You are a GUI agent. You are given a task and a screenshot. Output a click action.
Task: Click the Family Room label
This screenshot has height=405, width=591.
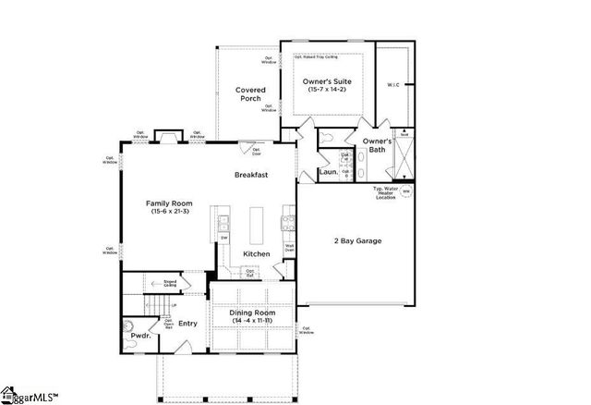click(x=169, y=202)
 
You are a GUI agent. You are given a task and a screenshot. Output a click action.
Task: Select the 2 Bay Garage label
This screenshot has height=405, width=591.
click(x=357, y=240)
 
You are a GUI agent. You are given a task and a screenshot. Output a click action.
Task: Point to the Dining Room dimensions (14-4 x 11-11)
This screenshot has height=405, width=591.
click(x=252, y=321)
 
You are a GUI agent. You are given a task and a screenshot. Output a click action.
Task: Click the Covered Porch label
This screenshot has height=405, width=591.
click(x=250, y=94)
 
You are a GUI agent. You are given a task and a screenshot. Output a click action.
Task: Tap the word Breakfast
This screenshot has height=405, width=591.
click(x=250, y=174)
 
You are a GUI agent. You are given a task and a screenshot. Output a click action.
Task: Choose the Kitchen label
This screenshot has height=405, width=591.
click(x=256, y=253)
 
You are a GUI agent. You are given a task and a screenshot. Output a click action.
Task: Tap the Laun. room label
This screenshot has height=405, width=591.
click(x=327, y=172)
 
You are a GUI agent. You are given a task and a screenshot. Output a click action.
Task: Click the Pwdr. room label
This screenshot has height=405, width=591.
click(x=140, y=337)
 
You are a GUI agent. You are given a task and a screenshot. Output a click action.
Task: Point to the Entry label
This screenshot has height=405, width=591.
click(x=187, y=324)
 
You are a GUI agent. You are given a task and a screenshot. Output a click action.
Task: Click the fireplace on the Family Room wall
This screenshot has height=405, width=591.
click(x=168, y=138)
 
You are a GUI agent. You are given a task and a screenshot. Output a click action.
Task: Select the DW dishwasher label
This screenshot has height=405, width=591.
click(x=223, y=239)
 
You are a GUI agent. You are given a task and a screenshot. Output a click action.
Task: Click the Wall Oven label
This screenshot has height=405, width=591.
click(x=289, y=247)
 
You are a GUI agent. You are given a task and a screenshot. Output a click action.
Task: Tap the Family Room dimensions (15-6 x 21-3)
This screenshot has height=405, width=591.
click(x=169, y=212)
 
